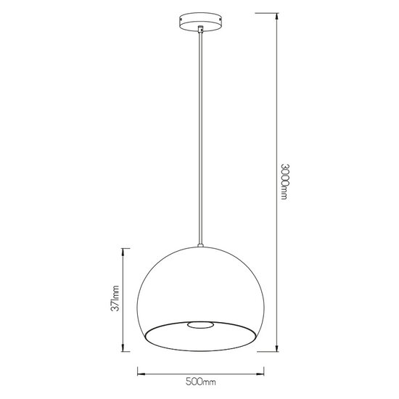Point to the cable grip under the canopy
pos(199,30)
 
